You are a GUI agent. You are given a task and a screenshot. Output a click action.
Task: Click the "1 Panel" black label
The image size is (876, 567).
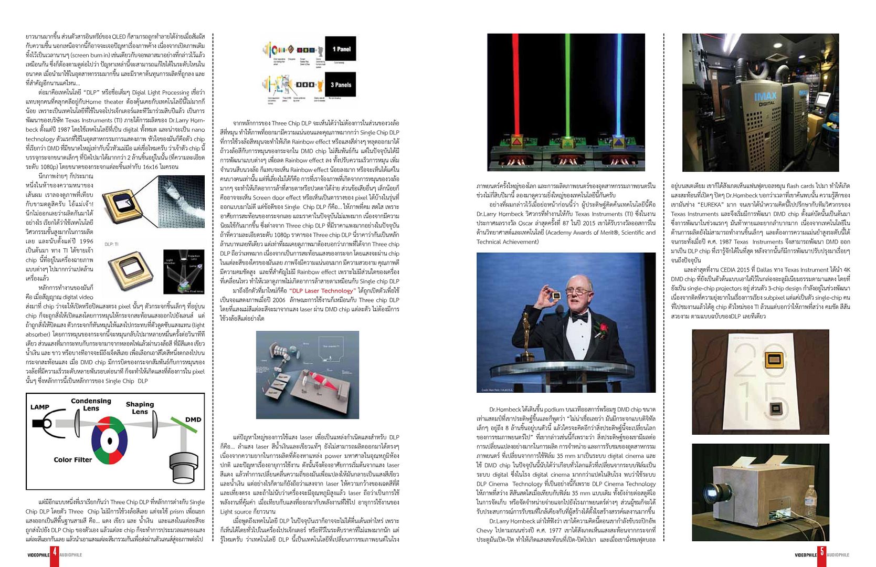(341, 49)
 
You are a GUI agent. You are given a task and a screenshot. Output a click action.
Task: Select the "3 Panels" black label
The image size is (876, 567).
(341, 85)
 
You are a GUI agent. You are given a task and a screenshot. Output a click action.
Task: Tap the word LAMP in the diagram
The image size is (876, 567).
(40, 407)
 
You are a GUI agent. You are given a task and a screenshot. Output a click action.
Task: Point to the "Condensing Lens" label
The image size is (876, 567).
(91, 404)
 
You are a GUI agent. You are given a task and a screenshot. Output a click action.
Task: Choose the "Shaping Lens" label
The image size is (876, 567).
(140, 408)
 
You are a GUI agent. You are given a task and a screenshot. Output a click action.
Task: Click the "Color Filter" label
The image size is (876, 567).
(72, 459)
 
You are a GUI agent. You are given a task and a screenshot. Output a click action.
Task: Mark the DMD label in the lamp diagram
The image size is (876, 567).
(193, 419)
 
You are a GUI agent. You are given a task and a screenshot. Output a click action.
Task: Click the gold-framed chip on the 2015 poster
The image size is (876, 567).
(772, 360)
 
